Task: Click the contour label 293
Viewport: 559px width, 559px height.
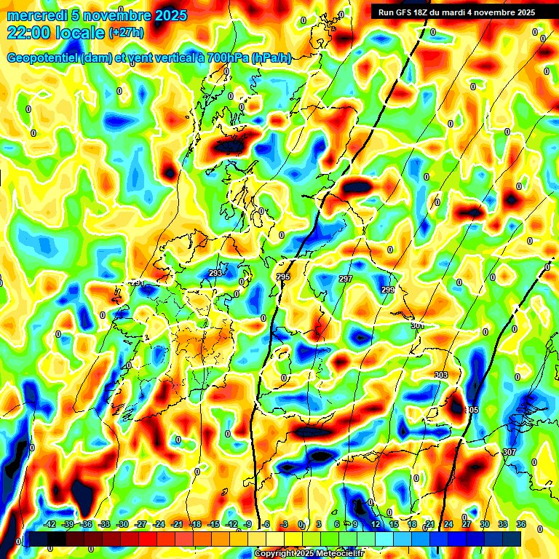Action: coord(215,274)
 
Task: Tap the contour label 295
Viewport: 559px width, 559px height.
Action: coord(283,277)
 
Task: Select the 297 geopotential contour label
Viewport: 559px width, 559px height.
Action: coord(346,279)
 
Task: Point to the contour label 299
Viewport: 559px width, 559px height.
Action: coord(388,290)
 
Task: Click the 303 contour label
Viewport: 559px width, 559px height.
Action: coord(440,375)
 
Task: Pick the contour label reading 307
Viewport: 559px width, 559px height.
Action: coord(509,452)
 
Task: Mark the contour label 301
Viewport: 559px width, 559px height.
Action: coord(416,326)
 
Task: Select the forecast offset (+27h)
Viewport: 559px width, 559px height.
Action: coord(126,33)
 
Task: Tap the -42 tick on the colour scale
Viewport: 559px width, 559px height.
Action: coord(50,524)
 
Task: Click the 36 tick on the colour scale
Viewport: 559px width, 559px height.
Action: coord(521,524)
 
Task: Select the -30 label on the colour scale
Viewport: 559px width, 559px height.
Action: coord(123,524)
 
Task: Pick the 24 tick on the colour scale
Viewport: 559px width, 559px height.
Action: coord(448,524)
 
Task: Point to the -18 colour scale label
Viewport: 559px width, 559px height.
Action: coord(195,524)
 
